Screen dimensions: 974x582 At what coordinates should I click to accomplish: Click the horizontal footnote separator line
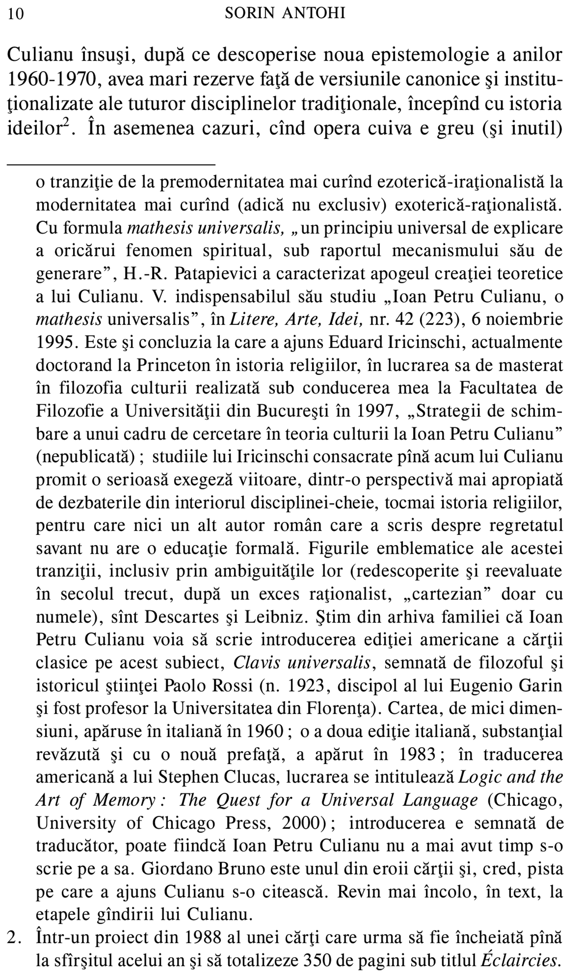[x=111, y=163]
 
